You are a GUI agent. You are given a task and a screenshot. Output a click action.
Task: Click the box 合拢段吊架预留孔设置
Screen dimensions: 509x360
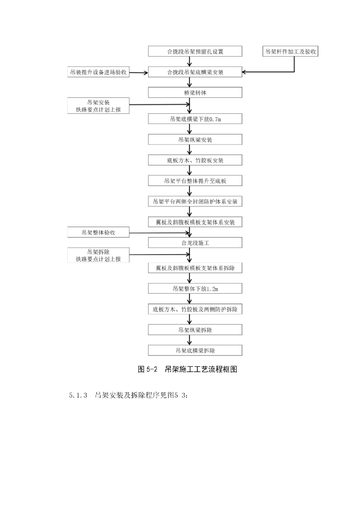[x=195, y=51]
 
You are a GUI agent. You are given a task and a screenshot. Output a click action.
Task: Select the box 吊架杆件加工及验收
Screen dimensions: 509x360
[x=291, y=51]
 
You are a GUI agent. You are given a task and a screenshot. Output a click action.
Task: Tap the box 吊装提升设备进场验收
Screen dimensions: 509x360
[x=98, y=73]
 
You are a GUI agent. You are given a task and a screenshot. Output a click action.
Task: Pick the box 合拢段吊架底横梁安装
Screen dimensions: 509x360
[x=195, y=73]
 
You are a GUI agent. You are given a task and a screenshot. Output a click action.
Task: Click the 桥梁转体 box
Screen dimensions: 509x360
[x=195, y=93]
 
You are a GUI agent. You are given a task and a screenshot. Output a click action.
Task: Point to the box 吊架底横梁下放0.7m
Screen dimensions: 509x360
[x=195, y=119]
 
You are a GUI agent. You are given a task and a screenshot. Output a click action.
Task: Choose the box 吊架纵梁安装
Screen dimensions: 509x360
[x=195, y=140]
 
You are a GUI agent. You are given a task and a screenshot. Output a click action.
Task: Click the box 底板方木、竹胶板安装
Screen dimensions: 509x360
[x=195, y=160]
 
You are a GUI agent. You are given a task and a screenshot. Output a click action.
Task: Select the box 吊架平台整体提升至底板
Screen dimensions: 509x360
[x=195, y=181]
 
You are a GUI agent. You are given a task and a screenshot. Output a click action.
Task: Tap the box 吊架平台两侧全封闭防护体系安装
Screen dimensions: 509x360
[x=195, y=201]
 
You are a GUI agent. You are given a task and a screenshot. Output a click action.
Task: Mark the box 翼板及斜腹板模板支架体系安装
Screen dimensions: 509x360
[x=195, y=222]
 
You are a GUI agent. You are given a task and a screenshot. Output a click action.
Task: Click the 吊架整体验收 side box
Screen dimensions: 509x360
[x=98, y=232]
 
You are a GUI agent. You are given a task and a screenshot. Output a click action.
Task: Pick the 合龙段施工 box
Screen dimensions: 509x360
[x=195, y=243]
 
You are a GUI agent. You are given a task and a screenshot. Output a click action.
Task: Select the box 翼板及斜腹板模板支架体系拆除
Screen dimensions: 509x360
[x=195, y=268]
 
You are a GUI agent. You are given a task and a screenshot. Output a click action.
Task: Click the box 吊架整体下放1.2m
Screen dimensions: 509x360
[x=195, y=289]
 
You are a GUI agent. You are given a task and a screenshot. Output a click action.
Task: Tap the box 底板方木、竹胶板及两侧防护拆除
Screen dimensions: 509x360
[x=195, y=309]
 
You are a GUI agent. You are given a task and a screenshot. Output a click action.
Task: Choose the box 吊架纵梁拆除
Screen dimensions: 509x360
[x=195, y=330]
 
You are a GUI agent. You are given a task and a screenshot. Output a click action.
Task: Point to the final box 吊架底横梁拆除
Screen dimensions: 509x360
[x=195, y=350]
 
